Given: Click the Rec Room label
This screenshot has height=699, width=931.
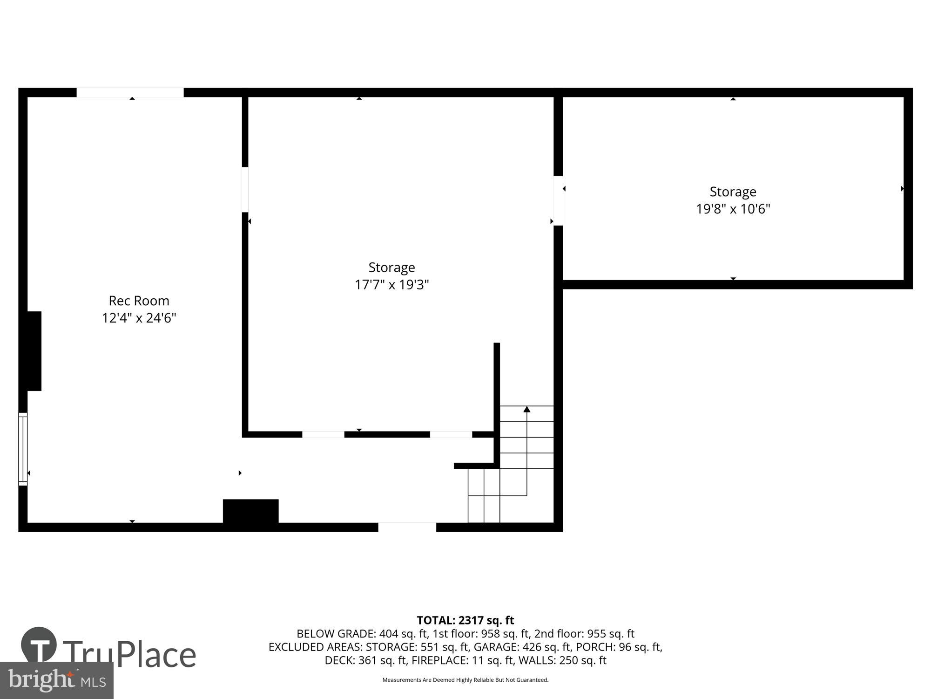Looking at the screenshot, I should [x=139, y=301].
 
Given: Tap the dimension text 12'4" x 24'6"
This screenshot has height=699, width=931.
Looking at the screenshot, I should [x=139, y=318].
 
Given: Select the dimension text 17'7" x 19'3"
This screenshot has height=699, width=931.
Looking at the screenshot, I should [x=391, y=284].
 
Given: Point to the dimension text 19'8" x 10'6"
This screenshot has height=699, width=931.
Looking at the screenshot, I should [x=733, y=209].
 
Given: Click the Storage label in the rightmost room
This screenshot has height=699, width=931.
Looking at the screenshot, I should [x=733, y=192].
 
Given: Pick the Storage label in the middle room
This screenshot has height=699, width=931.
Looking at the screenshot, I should [x=391, y=267].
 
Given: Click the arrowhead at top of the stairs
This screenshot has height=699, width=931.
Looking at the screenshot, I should [x=526, y=410].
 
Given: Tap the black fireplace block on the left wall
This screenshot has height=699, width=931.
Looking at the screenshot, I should [x=34, y=351].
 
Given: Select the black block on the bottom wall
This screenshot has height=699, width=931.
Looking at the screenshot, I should [x=250, y=512].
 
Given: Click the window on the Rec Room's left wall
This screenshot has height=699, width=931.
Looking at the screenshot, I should [x=23, y=449].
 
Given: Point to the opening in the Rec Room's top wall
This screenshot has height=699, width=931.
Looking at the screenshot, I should [x=130, y=92].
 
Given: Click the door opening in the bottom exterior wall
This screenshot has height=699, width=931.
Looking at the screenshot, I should [x=407, y=527].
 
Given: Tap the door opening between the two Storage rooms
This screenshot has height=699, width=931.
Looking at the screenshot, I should [x=558, y=200].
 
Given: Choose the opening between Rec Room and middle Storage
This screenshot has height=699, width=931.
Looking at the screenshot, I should [x=245, y=190].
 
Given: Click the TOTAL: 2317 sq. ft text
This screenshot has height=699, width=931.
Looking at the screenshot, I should [x=465, y=620].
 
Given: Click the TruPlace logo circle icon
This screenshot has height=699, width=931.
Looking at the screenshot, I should [x=39, y=644].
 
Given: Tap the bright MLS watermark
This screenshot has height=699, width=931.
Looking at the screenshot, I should [x=56, y=680].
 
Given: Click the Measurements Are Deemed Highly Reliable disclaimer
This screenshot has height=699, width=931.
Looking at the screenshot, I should [x=465, y=680].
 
